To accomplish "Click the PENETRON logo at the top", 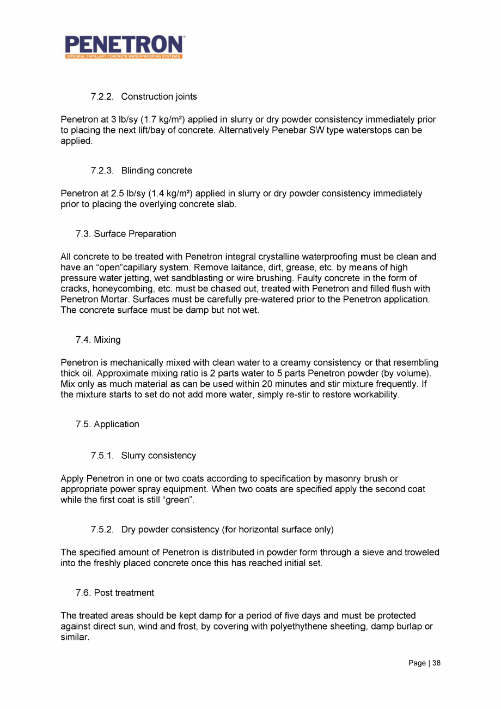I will (124, 47).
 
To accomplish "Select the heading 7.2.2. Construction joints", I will (144, 96).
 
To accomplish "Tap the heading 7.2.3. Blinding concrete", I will (142, 171).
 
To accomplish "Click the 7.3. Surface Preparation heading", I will (126, 234).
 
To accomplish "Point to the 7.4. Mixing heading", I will (98, 340).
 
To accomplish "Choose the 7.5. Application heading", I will (107, 424).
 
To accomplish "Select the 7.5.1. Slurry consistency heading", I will (143, 455).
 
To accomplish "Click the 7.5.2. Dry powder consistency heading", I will (212, 529).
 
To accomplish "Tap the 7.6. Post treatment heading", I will (115, 592).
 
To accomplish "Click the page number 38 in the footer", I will (436, 663).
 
